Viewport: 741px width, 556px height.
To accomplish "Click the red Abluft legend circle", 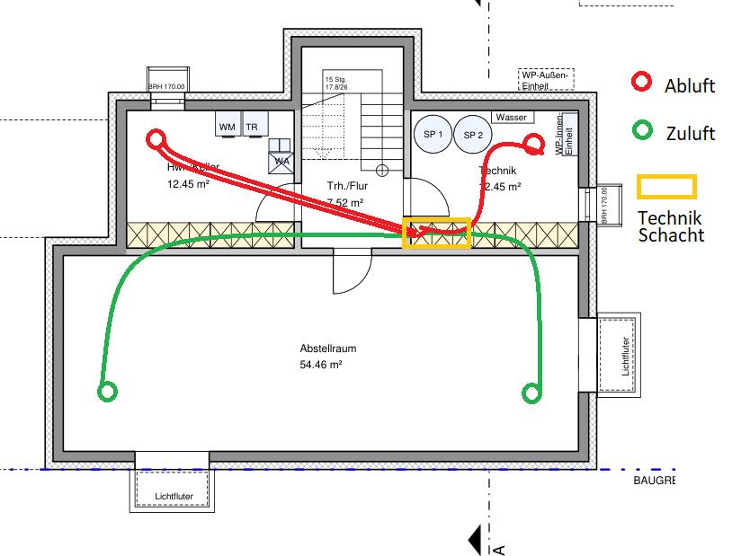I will click(641, 83).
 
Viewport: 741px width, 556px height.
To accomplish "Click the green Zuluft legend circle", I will click(641, 130).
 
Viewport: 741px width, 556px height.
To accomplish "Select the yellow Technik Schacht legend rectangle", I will click(666, 186).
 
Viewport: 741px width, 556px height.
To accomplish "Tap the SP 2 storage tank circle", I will click(472, 135).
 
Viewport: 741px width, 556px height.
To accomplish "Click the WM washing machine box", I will click(227, 127).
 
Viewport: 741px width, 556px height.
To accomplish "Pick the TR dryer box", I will click(252, 127).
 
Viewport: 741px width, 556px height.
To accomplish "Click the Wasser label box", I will click(512, 118).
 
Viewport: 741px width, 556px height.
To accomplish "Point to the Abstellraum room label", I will click(322, 349).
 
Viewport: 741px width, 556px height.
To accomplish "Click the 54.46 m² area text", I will click(322, 365).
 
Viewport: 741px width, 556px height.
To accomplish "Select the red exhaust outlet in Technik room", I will click(534, 143).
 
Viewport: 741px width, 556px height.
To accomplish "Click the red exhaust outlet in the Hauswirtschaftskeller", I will click(156, 139).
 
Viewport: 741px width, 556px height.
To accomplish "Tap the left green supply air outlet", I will click(107, 391).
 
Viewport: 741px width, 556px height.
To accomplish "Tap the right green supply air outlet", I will click(531, 392).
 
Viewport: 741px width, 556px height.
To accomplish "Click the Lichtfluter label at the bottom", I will click(174, 495).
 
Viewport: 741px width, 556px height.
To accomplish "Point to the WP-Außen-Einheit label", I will click(544, 80).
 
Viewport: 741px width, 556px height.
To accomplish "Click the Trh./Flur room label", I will click(344, 187).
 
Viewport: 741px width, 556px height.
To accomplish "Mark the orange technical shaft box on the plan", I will click(436, 233).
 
